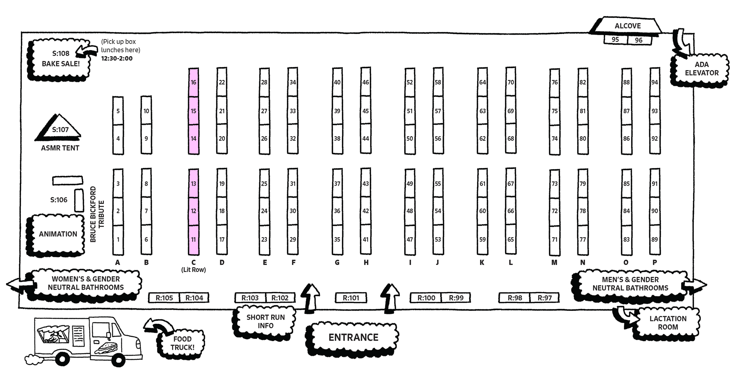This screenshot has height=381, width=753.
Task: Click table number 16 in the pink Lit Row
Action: [194, 83]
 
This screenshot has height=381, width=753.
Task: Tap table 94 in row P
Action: [655, 83]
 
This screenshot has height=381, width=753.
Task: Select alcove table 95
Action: [615, 40]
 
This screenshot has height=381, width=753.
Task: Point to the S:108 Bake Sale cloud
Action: [61, 59]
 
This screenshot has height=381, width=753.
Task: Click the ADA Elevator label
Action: [701, 69]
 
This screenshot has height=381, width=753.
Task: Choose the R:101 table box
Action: [351, 298]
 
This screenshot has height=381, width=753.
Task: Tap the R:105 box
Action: [164, 298]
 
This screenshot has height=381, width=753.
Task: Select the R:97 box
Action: [544, 298]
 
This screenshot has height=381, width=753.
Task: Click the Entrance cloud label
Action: [353, 337]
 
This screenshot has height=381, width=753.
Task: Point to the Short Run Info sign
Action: [265, 321]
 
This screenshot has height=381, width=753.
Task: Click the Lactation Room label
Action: [668, 323]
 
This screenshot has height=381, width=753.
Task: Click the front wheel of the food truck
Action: [118, 360]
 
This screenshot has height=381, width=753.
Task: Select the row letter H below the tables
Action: [366, 263]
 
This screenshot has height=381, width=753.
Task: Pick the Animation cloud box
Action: [58, 234]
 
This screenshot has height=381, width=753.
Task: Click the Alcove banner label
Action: [627, 26]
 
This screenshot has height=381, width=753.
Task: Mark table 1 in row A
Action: [118, 240]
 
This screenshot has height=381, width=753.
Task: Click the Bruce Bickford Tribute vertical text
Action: [97, 214]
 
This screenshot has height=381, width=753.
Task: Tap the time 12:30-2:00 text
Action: [117, 58]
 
